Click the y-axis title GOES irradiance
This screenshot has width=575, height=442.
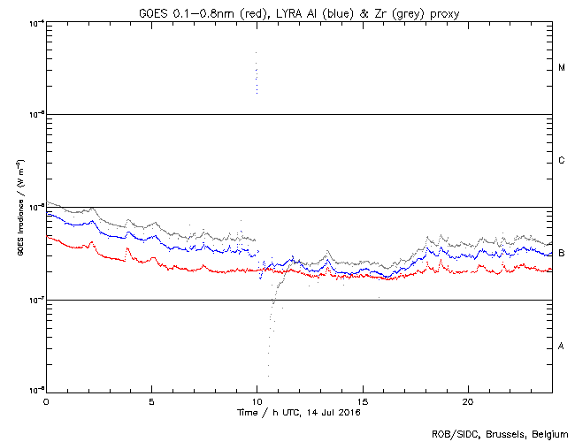pos(19,208)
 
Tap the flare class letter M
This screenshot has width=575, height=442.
pos(562,68)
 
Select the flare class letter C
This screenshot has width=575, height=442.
pos(562,161)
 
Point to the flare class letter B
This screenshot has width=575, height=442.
pos(562,254)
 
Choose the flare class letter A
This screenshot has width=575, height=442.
pos(562,346)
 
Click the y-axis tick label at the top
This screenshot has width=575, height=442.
pos(36,23)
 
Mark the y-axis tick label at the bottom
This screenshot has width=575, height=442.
pos(36,391)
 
